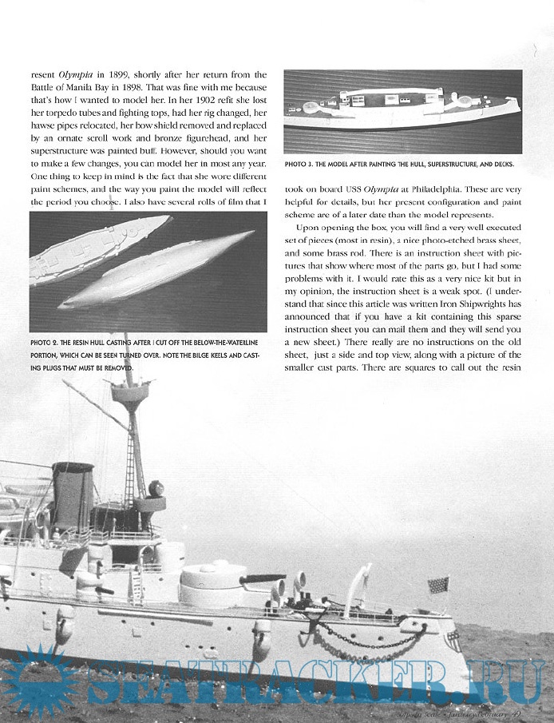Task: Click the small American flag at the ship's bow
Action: (x=437, y=585)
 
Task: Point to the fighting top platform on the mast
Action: (x=130, y=394)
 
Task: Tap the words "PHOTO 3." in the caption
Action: (x=303, y=165)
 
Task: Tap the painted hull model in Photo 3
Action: (x=399, y=111)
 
